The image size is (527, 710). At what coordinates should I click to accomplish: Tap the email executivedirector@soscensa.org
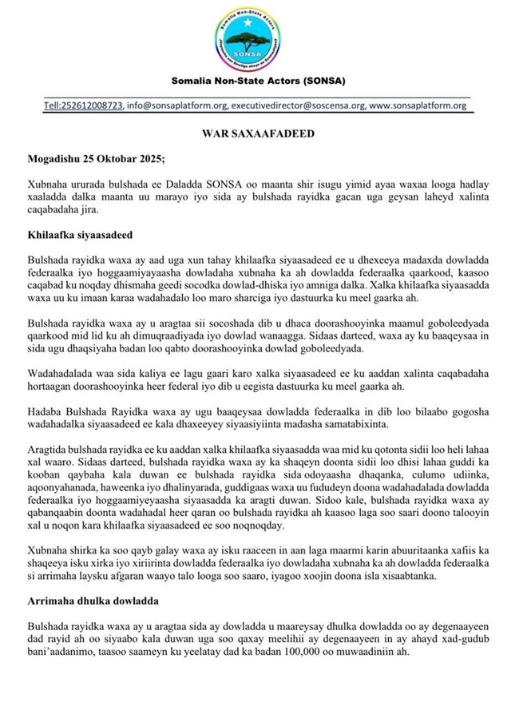[x=300, y=106]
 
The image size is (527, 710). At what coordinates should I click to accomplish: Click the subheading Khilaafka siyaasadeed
[x=80, y=238]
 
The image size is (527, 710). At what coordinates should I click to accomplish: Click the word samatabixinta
[x=451, y=423]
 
